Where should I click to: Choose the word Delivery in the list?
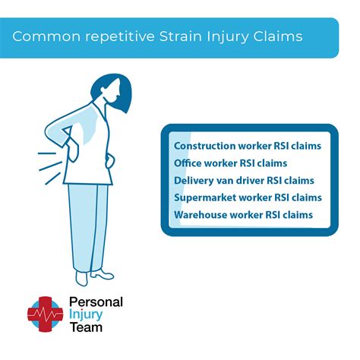(x=195, y=180)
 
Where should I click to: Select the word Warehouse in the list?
(x=202, y=215)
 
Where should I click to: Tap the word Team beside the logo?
(x=86, y=329)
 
